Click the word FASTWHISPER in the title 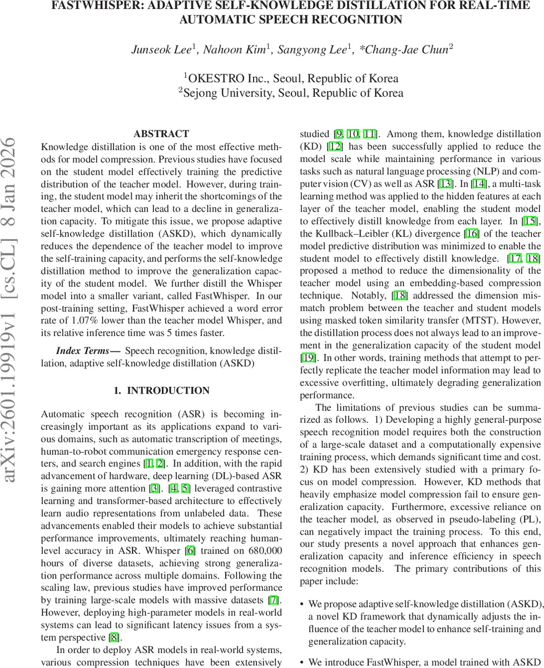click(95, 6)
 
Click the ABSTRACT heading click(161, 134)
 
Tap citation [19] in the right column click(308, 358)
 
